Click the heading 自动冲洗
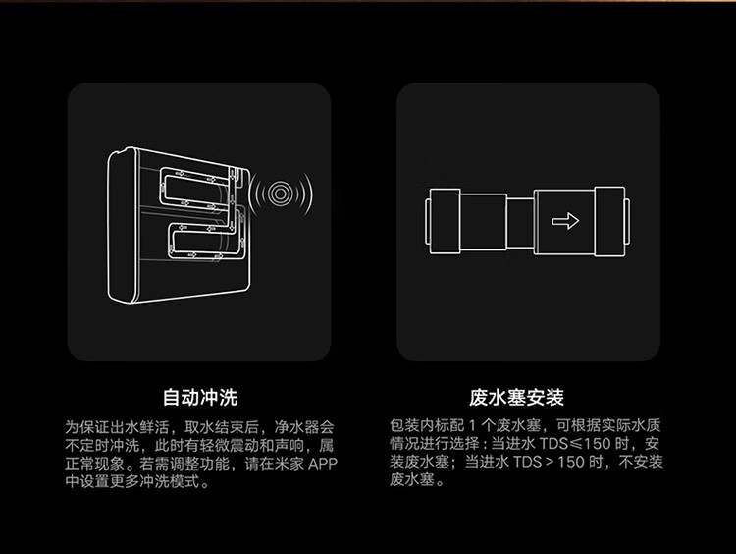200,398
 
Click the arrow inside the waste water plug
565,221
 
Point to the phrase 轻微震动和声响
244,446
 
